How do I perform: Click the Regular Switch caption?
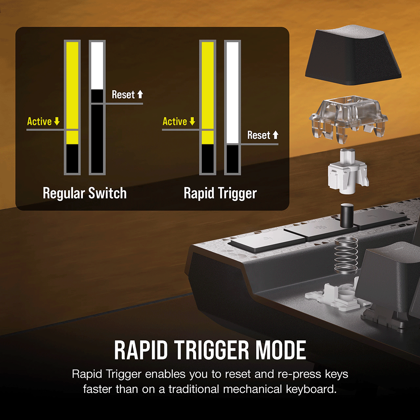(x=84, y=194)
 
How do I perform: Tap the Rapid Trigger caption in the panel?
(x=220, y=194)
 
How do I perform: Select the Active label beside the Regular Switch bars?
(x=39, y=121)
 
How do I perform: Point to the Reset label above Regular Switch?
(x=123, y=95)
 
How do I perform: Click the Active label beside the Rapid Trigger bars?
(x=175, y=121)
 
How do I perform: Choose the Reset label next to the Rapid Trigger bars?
(x=259, y=135)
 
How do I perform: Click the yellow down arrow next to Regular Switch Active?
(x=57, y=121)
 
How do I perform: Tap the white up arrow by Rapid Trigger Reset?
(x=276, y=135)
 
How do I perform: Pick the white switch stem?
(x=348, y=171)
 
